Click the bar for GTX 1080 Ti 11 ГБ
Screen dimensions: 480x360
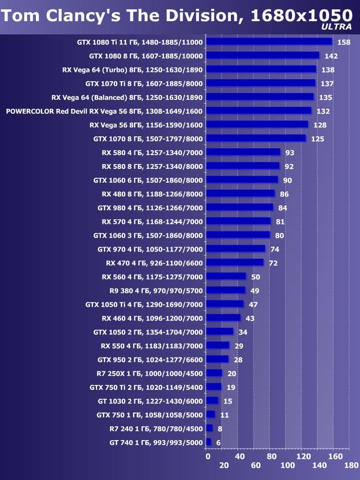point(269,42)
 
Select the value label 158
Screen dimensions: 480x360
point(344,42)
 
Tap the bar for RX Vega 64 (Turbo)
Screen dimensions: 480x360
point(261,69)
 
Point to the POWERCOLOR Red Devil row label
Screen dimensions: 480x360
point(104,111)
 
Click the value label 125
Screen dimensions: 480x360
point(318,139)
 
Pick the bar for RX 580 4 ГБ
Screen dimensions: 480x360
point(243,153)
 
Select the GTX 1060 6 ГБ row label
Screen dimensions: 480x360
point(148,180)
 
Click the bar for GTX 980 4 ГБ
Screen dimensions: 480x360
point(239,208)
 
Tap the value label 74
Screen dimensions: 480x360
point(275,249)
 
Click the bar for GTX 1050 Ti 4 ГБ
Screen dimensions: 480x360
point(225,304)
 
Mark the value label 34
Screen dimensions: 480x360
point(243,332)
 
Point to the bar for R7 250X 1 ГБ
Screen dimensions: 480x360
point(214,373)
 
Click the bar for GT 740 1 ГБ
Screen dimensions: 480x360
point(208,442)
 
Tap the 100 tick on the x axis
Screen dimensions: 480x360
point(288,465)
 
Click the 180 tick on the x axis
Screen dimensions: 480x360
point(351,465)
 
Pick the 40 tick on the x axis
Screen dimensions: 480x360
point(240,456)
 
